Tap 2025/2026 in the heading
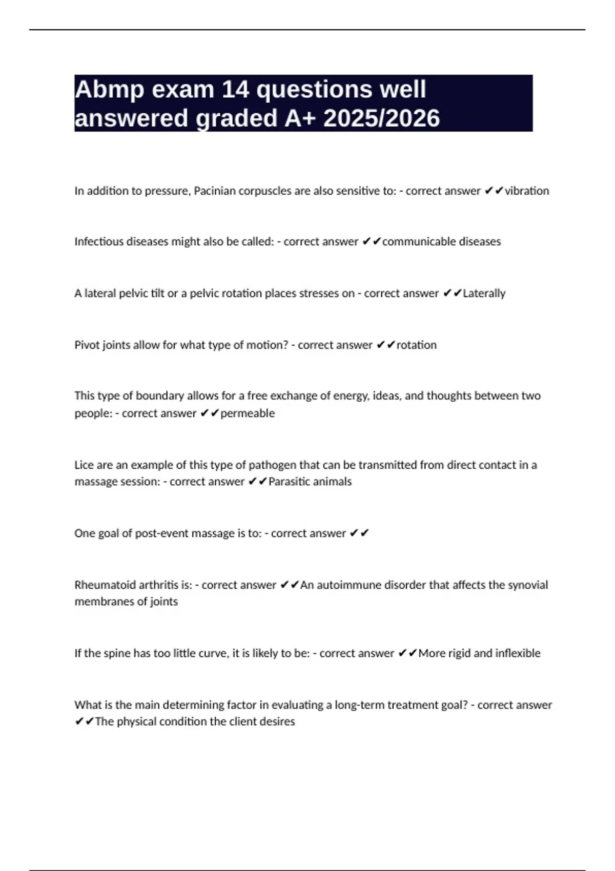pyautogui.click(x=381, y=118)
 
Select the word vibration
pyautogui.click(x=527, y=191)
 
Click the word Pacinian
pyautogui.click(x=215, y=191)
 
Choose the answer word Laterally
pyautogui.click(x=484, y=294)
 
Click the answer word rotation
pyautogui.click(x=416, y=345)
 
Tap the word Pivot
pyautogui.click(x=87, y=345)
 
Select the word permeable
pyautogui.click(x=248, y=413)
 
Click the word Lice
pyautogui.click(x=84, y=465)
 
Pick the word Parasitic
pyautogui.click(x=288, y=482)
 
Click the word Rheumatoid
pyautogui.click(x=105, y=585)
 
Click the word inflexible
pyautogui.click(x=518, y=653)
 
